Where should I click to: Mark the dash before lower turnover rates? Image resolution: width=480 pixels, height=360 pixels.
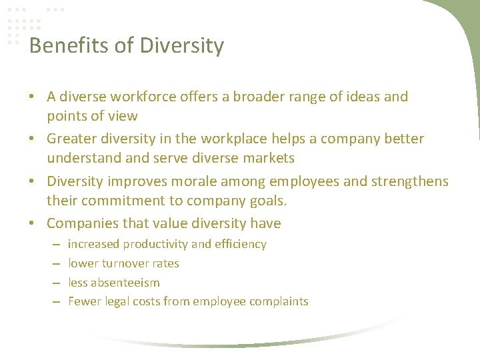click(x=54, y=263)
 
